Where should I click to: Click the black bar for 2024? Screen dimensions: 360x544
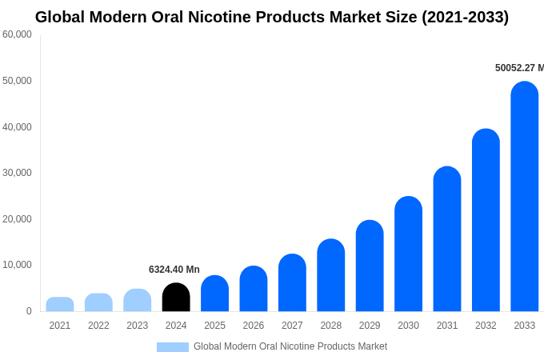pyautogui.click(x=176, y=298)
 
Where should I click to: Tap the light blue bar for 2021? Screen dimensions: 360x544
pyautogui.click(x=60, y=305)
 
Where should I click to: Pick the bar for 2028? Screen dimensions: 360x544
pyautogui.click(x=330, y=275)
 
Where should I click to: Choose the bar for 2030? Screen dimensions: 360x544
pyautogui.click(x=408, y=254)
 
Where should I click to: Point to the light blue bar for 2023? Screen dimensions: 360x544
pyautogui.click(x=137, y=301)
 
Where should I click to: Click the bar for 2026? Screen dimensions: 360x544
pyautogui.click(x=254, y=289)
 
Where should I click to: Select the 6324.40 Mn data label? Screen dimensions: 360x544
pyautogui.click(x=174, y=270)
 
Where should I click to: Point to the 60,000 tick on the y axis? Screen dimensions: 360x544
pyautogui.click(x=17, y=34)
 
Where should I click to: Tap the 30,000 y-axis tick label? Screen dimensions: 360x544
pyautogui.click(x=17, y=173)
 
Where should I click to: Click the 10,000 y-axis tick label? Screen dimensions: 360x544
pyautogui.click(x=17, y=265)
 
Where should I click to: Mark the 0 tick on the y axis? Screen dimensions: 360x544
pyautogui.click(x=29, y=311)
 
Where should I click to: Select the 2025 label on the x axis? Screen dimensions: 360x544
pyautogui.click(x=214, y=326)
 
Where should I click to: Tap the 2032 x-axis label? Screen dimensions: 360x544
pyautogui.click(x=486, y=326)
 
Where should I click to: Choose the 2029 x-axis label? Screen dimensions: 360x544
pyautogui.click(x=370, y=326)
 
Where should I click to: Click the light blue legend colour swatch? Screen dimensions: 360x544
pyautogui.click(x=173, y=347)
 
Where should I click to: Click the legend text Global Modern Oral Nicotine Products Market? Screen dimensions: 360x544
pyautogui.click(x=290, y=346)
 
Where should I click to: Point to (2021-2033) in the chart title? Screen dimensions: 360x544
pyautogui.click(x=465, y=17)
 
